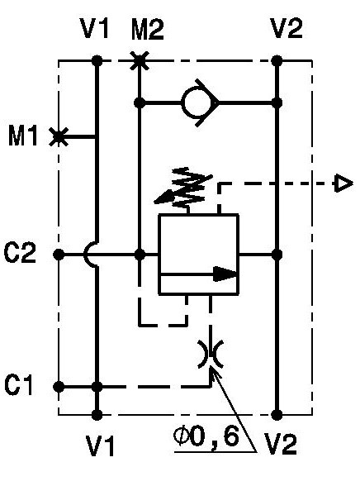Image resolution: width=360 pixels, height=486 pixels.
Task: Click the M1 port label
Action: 23,136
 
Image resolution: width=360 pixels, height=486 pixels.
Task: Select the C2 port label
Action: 20,253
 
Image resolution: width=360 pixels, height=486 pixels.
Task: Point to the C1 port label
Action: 18,385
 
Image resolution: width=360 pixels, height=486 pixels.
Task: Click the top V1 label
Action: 94,28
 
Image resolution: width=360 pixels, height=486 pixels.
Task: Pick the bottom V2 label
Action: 281,444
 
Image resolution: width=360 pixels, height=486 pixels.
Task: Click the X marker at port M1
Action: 59,136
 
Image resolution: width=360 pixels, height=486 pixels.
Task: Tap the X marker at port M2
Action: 140,60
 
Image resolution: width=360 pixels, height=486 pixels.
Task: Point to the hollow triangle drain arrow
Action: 343,183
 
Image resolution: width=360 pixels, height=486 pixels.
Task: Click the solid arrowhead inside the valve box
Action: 225,274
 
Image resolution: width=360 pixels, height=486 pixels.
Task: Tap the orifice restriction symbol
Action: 211,354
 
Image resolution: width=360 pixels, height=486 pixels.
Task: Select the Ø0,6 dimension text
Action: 206,437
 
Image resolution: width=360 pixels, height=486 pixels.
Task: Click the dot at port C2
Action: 59,255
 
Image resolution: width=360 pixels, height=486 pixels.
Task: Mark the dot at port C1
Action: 59,387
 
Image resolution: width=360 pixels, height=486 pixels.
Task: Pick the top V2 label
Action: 287,28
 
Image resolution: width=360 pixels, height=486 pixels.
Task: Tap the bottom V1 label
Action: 100,445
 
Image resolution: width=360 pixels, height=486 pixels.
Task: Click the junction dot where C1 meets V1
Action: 97,387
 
